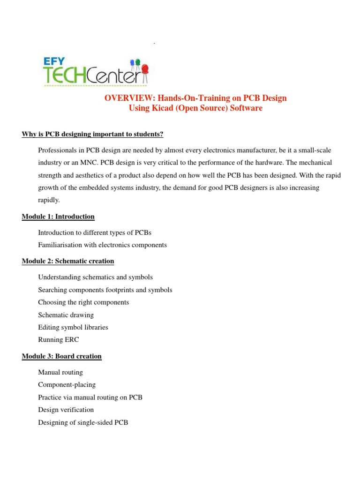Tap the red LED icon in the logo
tap(144, 69)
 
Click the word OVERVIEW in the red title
tap(127, 98)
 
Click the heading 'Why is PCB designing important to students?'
tap(92, 135)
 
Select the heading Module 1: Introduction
tap(58, 217)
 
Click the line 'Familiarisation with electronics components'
tap(102, 245)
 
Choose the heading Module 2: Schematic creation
tap(68, 261)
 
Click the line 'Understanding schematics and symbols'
tap(95, 277)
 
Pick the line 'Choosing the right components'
tap(83, 302)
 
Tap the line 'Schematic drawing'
tap(66, 315)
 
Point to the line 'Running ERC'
tap(59, 340)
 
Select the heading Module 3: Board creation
tap(61, 356)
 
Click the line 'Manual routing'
tap(60, 372)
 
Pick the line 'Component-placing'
tap(67, 385)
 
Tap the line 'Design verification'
tap(66, 410)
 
